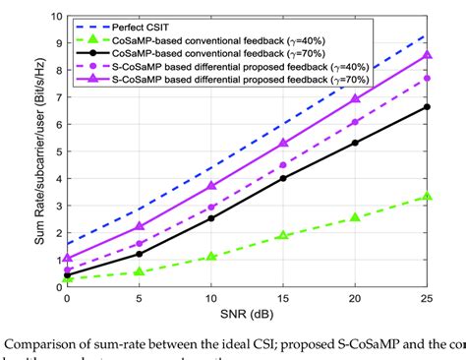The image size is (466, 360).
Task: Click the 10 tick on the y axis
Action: point(57,18)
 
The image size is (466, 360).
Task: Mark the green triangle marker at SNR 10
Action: point(211,256)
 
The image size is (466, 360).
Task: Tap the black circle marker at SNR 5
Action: point(140,254)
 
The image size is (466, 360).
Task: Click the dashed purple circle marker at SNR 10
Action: point(211,208)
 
